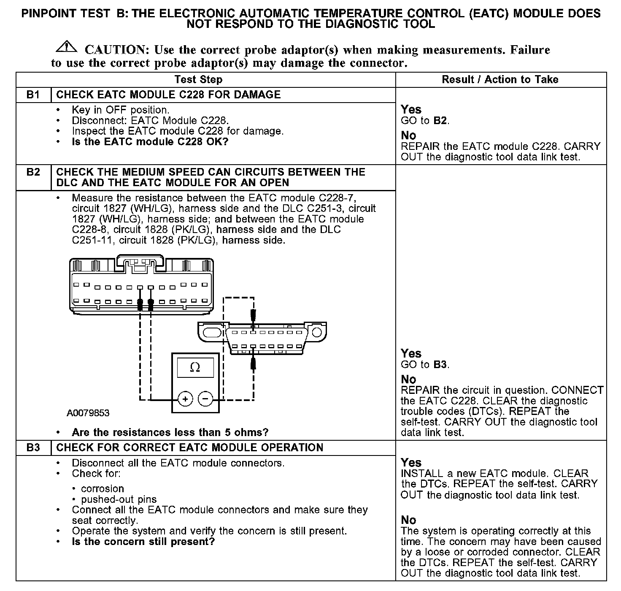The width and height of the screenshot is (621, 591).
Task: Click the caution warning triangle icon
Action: (66, 47)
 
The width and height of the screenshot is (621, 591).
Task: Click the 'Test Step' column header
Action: (198, 79)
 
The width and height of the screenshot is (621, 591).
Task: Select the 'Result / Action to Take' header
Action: (500, 79)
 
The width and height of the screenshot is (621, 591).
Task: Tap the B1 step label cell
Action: (33, 95)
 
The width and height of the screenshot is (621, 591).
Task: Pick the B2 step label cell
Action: (33, 172)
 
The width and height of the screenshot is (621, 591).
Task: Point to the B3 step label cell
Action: (33, 447)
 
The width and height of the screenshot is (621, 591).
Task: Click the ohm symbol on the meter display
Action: (195, 368)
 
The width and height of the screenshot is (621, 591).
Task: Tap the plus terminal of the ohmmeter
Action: (185, 399)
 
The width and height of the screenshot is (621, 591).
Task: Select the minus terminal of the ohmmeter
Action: (205, 399)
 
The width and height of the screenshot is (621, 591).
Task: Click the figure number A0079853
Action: (88, 413)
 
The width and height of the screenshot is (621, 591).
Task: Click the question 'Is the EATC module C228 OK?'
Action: (150, 142)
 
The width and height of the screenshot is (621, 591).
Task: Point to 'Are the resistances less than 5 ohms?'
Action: (170, 432)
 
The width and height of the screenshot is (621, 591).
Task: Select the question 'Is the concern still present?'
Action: (143, 542)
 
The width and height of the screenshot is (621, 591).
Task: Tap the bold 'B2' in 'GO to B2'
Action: (440, 120)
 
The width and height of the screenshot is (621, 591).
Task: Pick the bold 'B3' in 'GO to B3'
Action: (440, 364)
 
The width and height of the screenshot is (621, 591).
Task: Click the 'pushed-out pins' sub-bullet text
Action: (119, 499)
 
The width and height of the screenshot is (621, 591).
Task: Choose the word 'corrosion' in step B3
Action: (103, 489)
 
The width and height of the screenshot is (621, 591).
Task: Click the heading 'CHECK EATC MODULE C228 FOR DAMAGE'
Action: (168, 95)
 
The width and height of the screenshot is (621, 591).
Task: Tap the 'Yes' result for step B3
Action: (411, 462)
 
